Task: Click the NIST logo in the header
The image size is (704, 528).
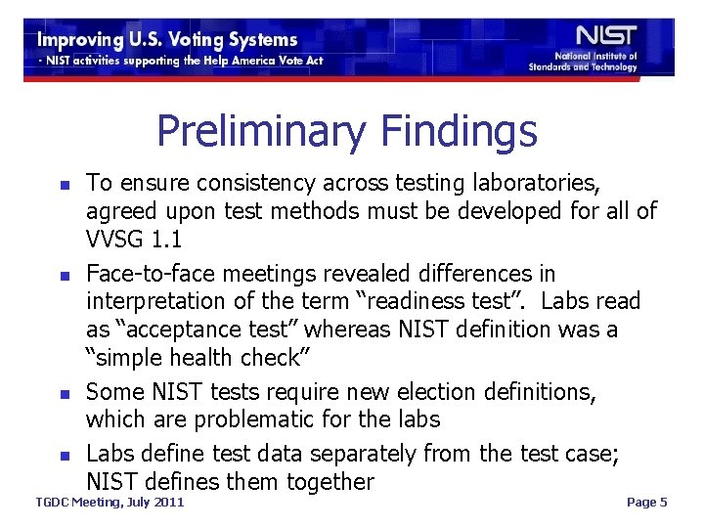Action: (x=606, y=36)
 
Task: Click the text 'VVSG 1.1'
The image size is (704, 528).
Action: (x=136, y=241)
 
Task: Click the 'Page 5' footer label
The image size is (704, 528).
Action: (x=646, y=503)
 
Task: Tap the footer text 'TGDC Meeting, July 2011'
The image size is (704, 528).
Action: (x=110, y=503)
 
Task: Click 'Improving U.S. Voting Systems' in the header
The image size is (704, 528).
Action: (x=167, y=40)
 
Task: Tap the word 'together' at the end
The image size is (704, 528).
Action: (x=330, y=482)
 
